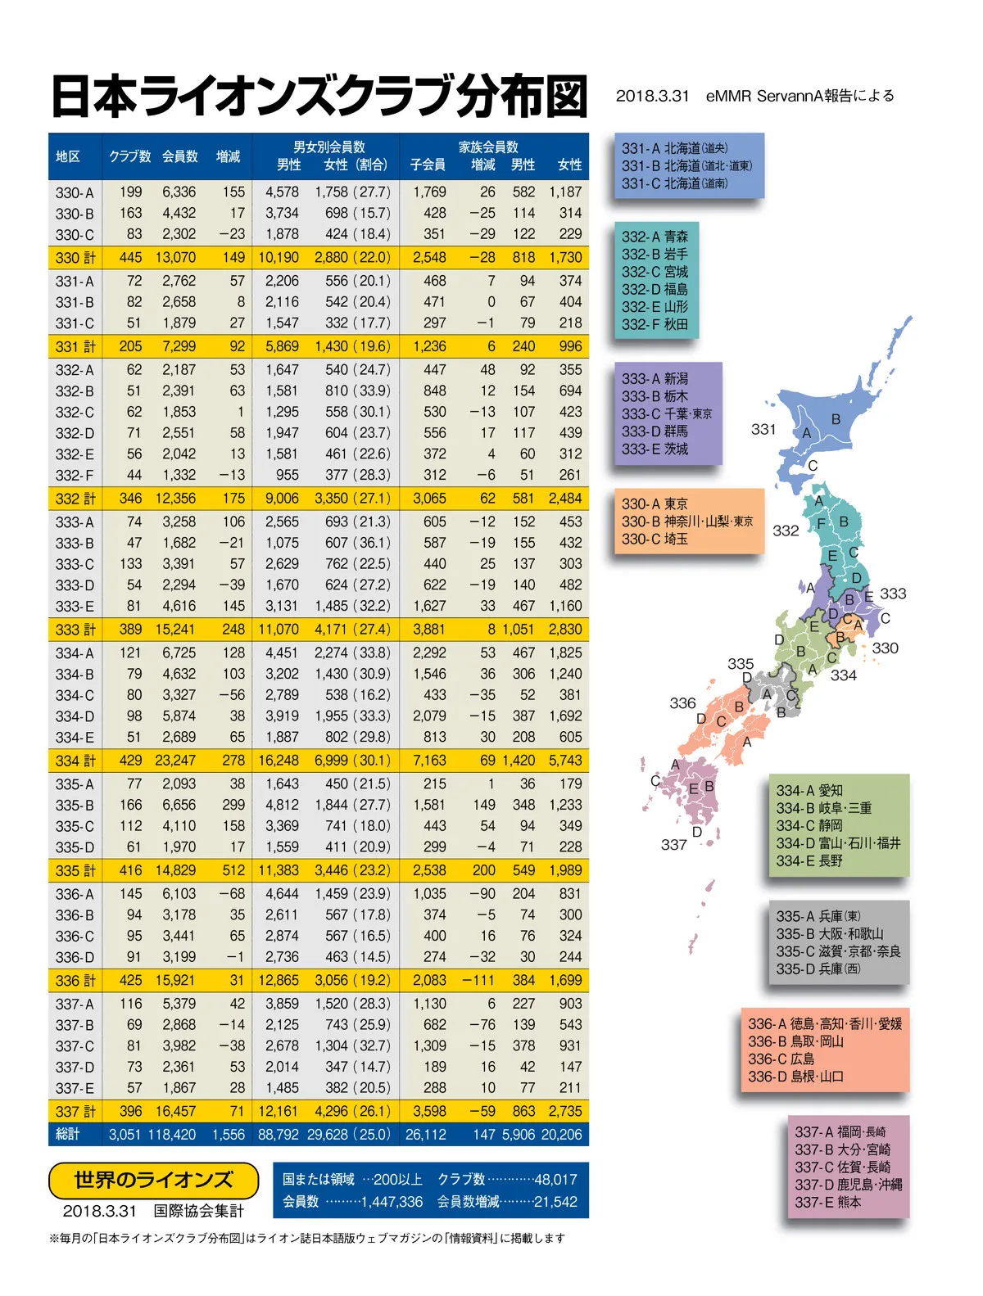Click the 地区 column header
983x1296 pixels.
click(68, 156)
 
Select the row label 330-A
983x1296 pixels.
click(75, 193)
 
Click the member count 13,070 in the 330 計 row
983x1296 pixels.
click(175, 258)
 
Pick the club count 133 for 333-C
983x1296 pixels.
click(130, 564)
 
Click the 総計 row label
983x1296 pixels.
click(68, 1135)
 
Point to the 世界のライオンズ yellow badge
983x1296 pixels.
click(153, 1180)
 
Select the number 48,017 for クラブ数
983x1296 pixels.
click(555, 1180)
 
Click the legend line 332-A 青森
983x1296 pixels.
click(655, 237)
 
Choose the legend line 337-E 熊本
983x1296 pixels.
click(827, 1203)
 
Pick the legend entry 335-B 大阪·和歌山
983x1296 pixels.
click(830, 934)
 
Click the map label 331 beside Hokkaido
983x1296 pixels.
click(763, 429)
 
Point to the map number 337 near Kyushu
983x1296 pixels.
click(674, 844)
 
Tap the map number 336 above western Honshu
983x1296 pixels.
click(682, 703)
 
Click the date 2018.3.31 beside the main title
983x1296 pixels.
click(653, 96)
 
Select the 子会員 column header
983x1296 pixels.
click(428, 165)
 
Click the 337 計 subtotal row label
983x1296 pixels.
click(75, 1112)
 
